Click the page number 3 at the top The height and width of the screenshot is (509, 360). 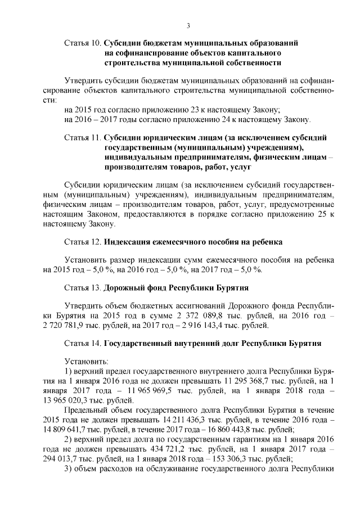click(x=188, y=25)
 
